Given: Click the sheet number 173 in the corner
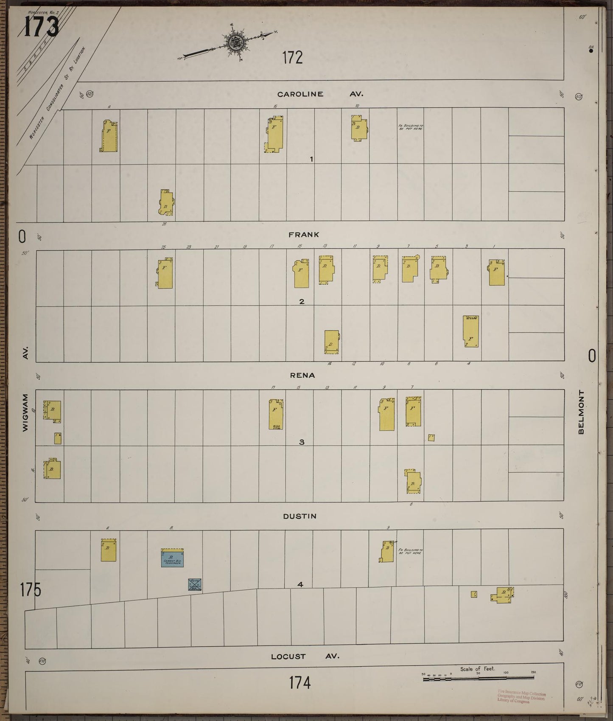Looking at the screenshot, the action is coord(41,27).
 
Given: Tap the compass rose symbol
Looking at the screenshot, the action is coord(234,42).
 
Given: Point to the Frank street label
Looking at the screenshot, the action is coord(303,235).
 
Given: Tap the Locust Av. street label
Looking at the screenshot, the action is coord(305,656).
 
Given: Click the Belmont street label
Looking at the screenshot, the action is coord(581,412).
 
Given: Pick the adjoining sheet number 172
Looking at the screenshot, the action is coord(293,57).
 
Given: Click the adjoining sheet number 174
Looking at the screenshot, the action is coord(300,683).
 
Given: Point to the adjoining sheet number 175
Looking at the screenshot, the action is coord(30,590).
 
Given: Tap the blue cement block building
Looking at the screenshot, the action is coord(172,558).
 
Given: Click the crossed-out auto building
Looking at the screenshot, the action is coord(194,584).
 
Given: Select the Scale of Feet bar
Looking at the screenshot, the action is coord(478,679).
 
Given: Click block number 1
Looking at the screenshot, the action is coord(311,159).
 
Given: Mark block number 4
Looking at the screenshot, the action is coord(300,584).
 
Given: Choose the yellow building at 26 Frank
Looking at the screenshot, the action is coord(166,202).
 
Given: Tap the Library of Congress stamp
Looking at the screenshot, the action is coord(521,698).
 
